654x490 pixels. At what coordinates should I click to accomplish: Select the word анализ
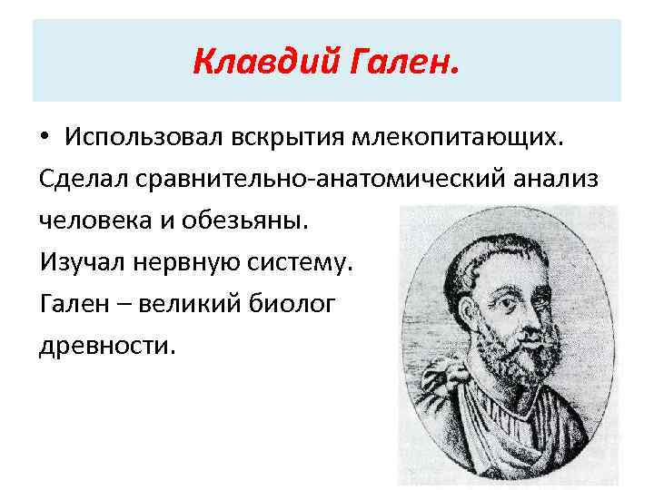coord(560,180)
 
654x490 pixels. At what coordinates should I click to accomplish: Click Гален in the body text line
coord(74,305)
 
